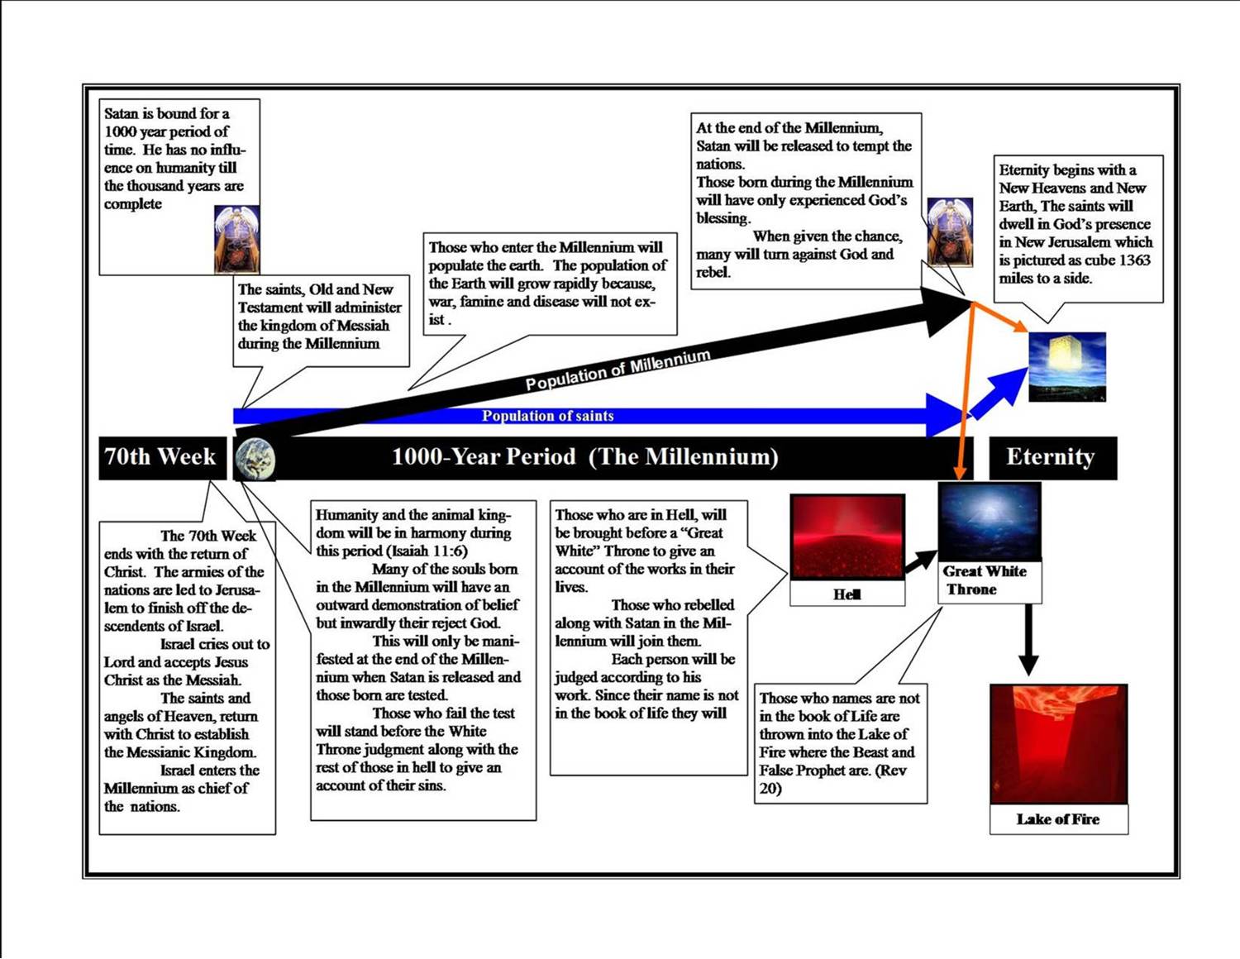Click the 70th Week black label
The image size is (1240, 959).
(x=163, y=457)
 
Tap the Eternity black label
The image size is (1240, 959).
(x=1053, y=457)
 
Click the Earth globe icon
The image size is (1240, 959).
(x=255, y=460)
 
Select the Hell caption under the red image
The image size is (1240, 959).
(x=847, y=594)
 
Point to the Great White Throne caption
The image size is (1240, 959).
(x=985, y=580)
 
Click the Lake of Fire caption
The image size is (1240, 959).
(x=1058, y=819)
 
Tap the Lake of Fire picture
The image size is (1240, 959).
(x=1058, y=744)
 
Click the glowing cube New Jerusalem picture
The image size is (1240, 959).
(x=1067, y=367)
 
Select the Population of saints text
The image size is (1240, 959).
(x=548, y=416)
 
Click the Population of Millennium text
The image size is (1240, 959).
(x=618, y=370)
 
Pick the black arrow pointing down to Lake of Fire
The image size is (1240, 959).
(x=1028, y=640)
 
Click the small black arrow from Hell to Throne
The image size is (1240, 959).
(x=920, y=561)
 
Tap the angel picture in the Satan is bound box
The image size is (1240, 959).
(x=236, y=240)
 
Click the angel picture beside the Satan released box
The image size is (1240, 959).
(x=950, y=232)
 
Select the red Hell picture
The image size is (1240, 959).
(x=847, y=537)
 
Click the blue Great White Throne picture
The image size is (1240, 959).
(x=990, y=521)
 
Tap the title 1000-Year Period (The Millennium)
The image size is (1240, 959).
(x=585, y=457)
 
